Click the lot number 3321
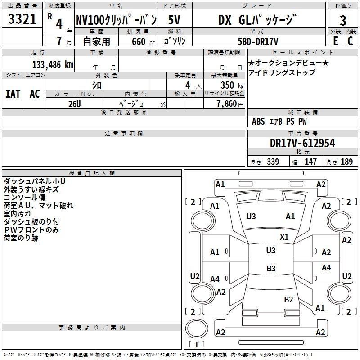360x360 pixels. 22,19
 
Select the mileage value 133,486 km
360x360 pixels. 53,65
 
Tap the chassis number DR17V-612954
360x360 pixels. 302,143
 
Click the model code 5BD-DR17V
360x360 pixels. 258,41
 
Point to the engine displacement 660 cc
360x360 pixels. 143,42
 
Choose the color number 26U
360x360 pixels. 75,104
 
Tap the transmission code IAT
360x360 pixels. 13,94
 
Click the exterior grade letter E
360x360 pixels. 336,41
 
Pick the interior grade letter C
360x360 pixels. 350,41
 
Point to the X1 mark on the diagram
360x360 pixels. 284,237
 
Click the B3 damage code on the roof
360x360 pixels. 271,268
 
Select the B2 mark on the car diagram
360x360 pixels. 288,300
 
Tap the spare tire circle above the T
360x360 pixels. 197,328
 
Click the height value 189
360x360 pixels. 346,162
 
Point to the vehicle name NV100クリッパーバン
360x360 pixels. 117,20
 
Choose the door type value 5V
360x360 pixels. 174,20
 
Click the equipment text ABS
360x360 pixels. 258,121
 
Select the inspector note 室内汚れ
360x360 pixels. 18,214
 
